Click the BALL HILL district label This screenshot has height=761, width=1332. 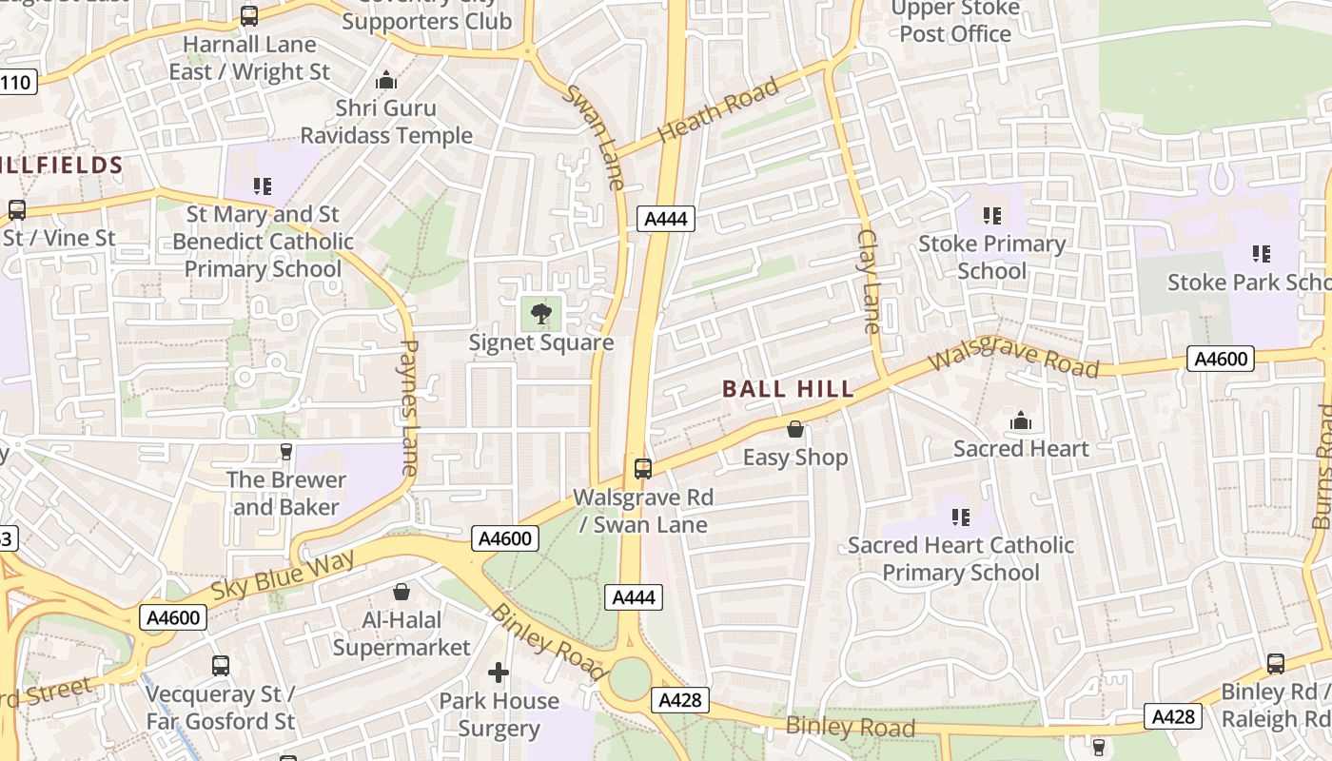click(x=788, y=389)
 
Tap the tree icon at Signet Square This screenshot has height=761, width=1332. click(x=540, y=313)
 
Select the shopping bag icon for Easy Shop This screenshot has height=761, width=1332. click(x=795, y=430)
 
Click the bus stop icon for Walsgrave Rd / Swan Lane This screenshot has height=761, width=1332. click(x=643, y=468)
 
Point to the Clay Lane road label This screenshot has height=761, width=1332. click(x=869, y=281)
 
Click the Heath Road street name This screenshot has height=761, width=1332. click(x=719, y=109)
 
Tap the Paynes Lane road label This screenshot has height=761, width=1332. click(x=409, y=407)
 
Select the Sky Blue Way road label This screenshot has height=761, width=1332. click(x=283, y=574)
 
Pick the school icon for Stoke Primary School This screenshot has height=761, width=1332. click(x=992, y=216)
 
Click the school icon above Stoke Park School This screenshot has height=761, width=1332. click(x=1262, y=254)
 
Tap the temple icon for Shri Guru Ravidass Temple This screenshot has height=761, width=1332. click(x=386, y=81)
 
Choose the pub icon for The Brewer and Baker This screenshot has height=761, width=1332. click(x=285, y=452)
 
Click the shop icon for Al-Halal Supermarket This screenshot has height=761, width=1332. click(x=402, y=593)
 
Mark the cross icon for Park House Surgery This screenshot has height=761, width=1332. click(x=499, y=673)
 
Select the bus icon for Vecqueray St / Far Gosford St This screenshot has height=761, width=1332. click(x=221, y=666)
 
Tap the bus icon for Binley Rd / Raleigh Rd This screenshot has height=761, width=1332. click(x=1276, y=664)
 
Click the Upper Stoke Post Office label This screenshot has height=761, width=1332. click(x=955, y=21)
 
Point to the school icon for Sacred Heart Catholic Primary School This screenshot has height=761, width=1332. click(x=961, y=517)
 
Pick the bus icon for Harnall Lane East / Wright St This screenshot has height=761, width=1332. click(x=249, y=16)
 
